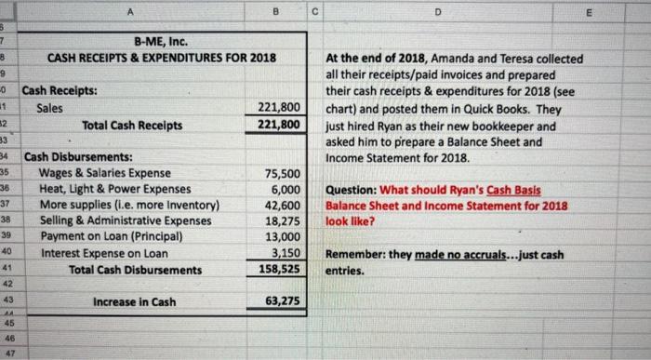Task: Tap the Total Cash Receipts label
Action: [x=131, y=124]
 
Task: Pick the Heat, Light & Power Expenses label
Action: [x=116, y=189]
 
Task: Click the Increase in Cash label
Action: [x=136, y=302]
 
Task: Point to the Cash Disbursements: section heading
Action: [x=77, y=157]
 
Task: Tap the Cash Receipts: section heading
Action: [x=61, y=92]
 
